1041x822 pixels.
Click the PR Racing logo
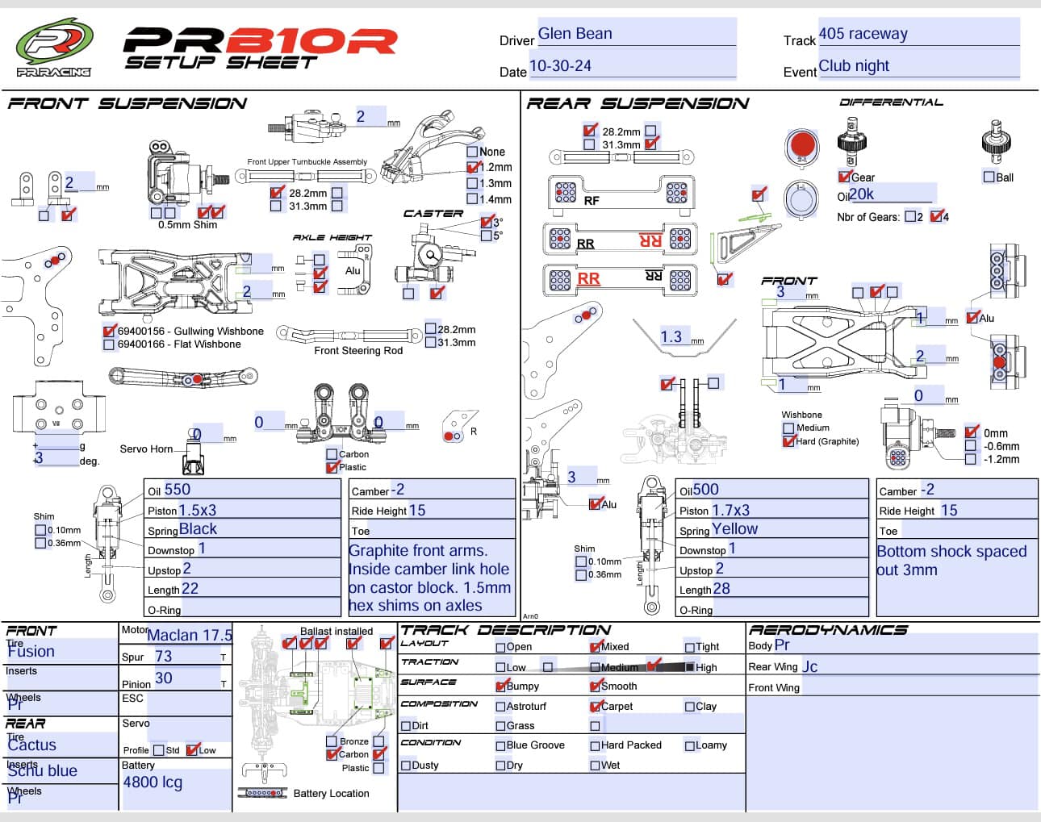point(54,47)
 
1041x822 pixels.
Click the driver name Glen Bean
point(575,34)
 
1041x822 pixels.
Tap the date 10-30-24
point(560,66)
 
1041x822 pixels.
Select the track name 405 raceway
point(863,34)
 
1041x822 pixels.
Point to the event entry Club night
point(854,66)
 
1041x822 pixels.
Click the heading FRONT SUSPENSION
point(128,103)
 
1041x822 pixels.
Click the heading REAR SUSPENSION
point(638,103)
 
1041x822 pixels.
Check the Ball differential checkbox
point(989,177)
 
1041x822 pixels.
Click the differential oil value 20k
point(861,194)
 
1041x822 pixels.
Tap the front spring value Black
point(198,529)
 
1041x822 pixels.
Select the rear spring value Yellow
point(734,529)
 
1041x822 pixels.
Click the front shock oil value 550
point(177,490)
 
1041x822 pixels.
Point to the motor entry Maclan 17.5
point(189,636)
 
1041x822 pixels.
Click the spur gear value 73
point(164,657)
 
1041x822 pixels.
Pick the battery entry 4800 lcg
point(153,782)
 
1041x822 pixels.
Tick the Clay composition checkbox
point(690,707)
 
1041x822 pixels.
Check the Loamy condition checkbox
point(690,745)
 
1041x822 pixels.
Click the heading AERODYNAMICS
point(828,630)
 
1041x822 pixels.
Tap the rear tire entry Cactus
point(32,745)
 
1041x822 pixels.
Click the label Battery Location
point(331,794)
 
